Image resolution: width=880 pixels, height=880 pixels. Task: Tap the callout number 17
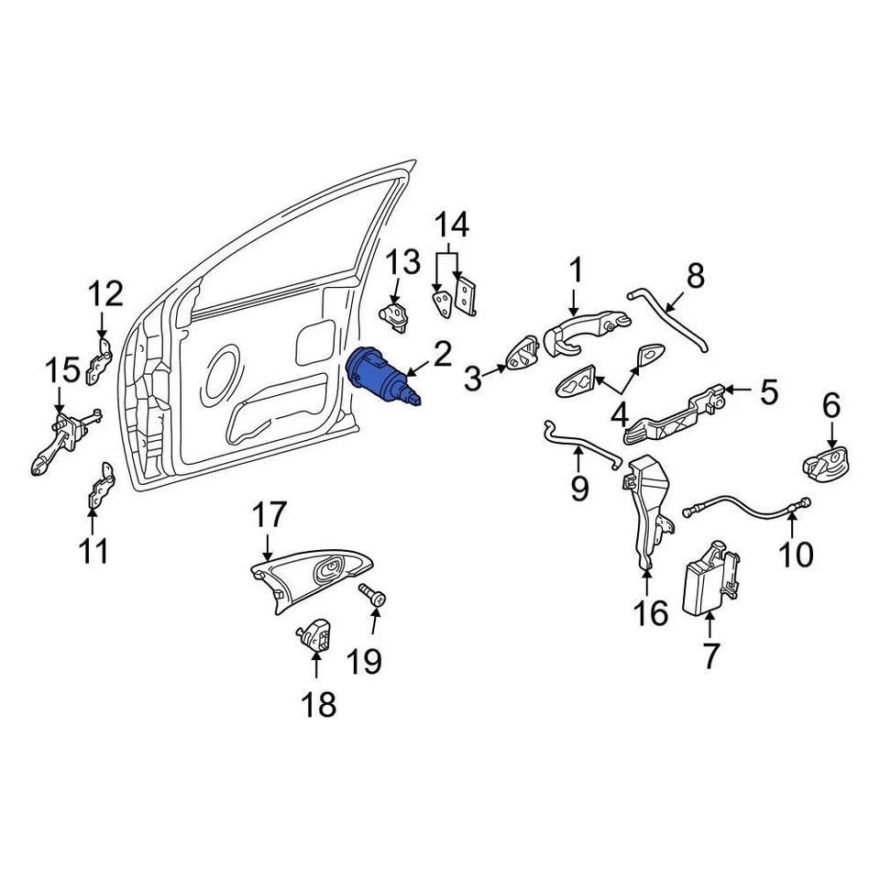click(269, 515)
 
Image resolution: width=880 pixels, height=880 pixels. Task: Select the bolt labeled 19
click(374, 595)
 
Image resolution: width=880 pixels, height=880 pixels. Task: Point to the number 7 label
click(710, 654)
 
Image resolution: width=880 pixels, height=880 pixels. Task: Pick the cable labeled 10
click(747, 505)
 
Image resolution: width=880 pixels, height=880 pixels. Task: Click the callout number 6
click(830, 405)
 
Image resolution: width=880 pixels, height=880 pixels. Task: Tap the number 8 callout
click(695, 275)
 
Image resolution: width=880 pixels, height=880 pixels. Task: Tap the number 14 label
click(451, 225)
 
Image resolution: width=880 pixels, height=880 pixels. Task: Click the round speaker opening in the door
click(223, 370)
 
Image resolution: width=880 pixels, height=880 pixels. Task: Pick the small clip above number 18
click(316, 633)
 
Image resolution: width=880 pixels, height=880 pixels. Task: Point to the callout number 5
click(766, 393)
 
